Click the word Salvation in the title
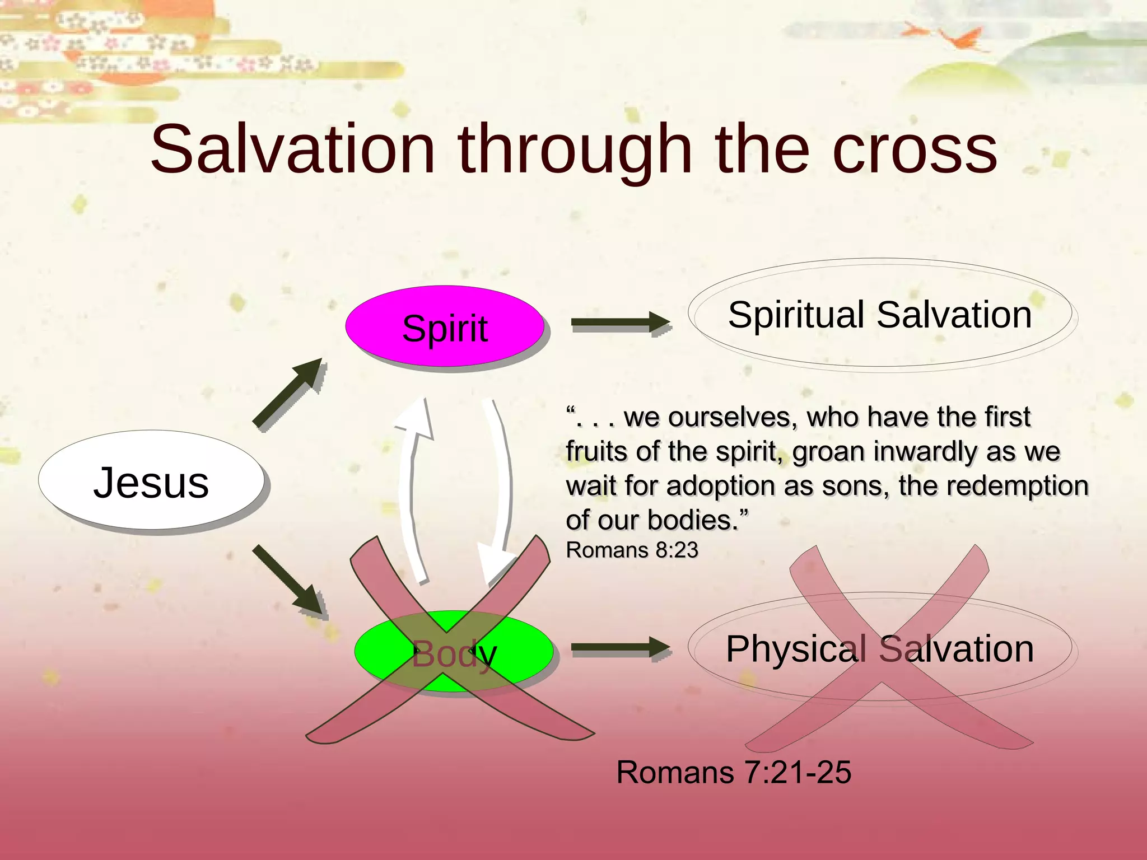tap(292, 150)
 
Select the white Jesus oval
tap(151, 482)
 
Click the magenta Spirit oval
tap(445, 328)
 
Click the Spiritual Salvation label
tap(879, 315)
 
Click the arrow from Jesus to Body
tap(288, 579)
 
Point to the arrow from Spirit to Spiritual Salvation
tap(619, 322)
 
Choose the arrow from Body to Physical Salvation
tap(619, 648)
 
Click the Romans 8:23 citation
tap(632, 550)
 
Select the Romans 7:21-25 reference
tap(734, 773)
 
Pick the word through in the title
tap(575, 150)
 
